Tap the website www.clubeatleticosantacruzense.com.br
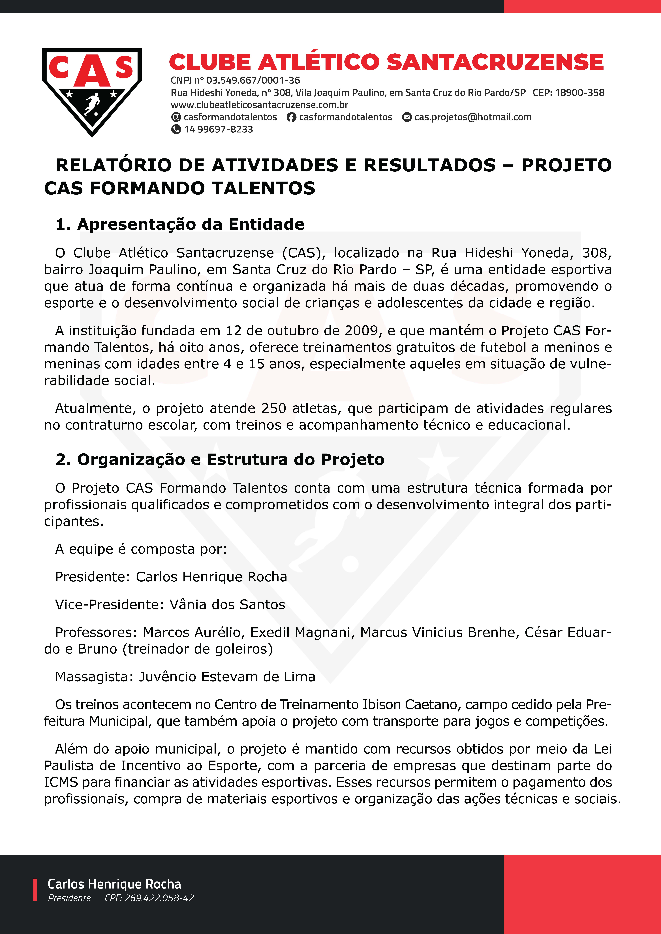pos(259,105)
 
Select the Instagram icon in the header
pos(176,117)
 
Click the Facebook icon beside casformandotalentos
pos(291,117)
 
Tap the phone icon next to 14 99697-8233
pos(176,129)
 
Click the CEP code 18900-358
pos(580,93)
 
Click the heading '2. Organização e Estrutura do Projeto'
pos(220,459)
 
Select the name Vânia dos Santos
pos(227,604)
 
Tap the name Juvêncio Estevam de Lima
pos(227,676)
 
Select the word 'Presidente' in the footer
pos(69,898)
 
